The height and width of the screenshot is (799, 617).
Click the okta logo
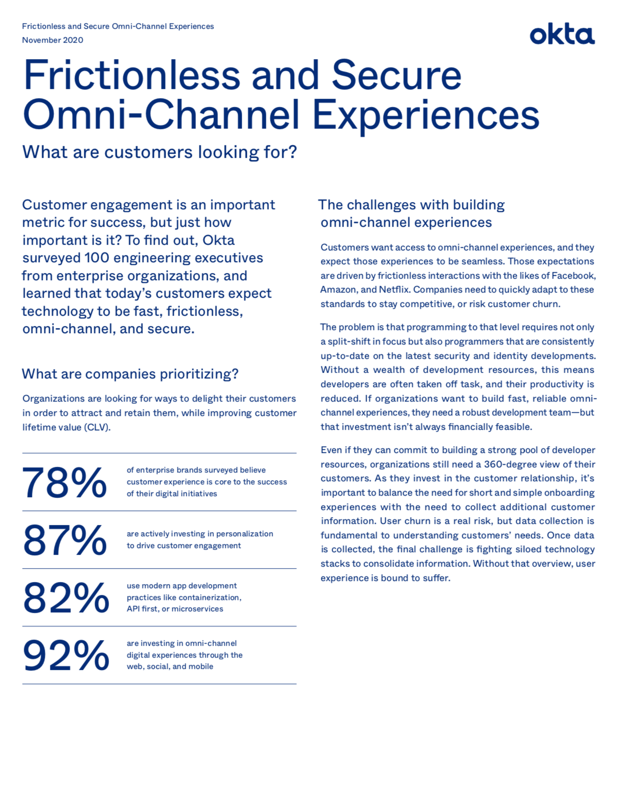[x=562, y=34]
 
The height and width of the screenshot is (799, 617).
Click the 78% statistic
[x=64, y=483]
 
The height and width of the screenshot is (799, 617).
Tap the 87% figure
[x=64, y=540]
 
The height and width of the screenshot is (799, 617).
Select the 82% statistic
[x=66, y=598]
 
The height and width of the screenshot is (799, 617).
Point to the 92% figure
[x=66, y=656]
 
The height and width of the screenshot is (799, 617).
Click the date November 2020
[x=52, y=40]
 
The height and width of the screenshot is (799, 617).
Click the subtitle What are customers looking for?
[x=159, y=152]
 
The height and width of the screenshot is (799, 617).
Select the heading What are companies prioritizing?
[x=130, y=374]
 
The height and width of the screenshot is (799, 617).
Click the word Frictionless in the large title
[x=132, y=76]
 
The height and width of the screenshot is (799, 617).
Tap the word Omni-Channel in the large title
[x=161, y=115]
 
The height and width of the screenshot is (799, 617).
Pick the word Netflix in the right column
[x=394, y=289]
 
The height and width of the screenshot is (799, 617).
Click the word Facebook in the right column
[x=573, y=276]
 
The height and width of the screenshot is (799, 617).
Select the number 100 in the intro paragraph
[x=97, y=258]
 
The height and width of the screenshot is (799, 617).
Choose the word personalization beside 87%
[x=244, y=534]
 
